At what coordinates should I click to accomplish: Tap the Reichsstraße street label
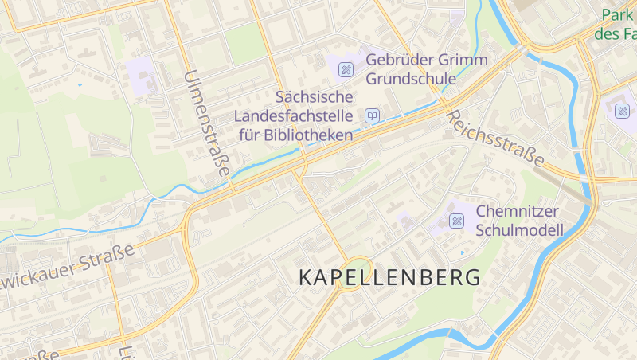(x=494, y=139)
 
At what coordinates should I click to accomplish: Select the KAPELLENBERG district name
(x=389, y=278)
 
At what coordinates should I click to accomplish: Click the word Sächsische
(x=314, y=98)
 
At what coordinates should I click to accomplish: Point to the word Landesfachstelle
(x=294, y=116)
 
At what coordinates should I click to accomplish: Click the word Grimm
(x=464, y=61)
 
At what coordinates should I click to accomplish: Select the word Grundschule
(x=411, y=79)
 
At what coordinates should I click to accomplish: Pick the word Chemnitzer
(x=518, y=212)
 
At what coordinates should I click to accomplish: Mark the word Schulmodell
(x=519, y=230)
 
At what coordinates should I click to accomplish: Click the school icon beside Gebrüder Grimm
(x=346, y=69)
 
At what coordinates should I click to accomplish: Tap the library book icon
(x=372, y=117)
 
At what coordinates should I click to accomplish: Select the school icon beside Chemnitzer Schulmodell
(x=456, y=221)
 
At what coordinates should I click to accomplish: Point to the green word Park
(x=617, y=15)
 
